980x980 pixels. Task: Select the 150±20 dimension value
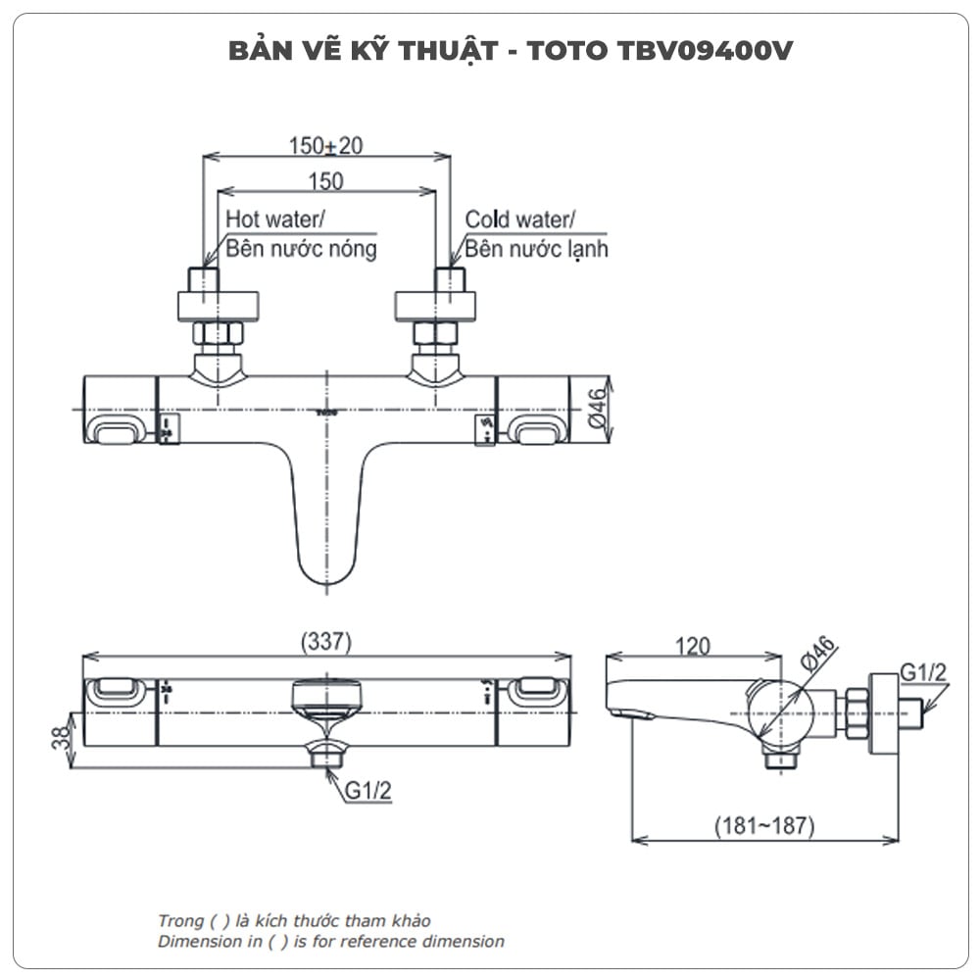tap(325, 146)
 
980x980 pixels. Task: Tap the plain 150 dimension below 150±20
tap(324, 181)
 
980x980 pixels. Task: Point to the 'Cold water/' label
tap(521, 219)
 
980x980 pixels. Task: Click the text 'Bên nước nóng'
tap(301, 249)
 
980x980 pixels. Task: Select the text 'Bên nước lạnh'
tap(536, 249)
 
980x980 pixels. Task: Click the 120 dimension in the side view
tap(693, 645)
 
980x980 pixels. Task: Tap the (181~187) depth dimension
tap(763, 826)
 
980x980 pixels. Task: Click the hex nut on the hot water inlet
tap(218, 333)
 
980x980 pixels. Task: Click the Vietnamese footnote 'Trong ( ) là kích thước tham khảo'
tap(294, 920)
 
